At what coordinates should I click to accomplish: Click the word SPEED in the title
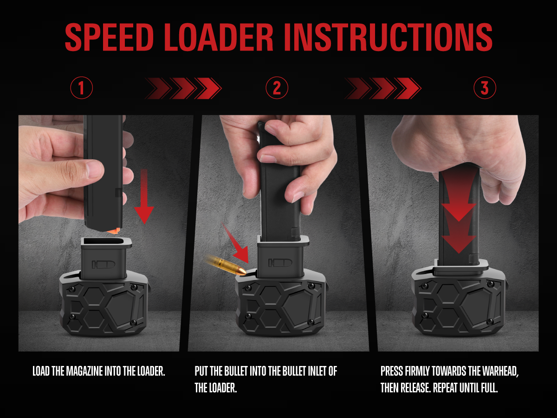110,37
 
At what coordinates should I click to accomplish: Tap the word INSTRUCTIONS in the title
388,37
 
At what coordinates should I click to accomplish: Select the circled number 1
81,88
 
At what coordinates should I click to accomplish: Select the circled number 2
277,88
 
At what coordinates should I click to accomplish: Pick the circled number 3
485,88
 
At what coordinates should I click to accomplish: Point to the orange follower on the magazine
113,231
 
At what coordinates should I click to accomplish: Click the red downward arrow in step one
144,196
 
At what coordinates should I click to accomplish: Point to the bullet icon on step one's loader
104,264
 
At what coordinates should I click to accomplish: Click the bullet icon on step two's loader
280,263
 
